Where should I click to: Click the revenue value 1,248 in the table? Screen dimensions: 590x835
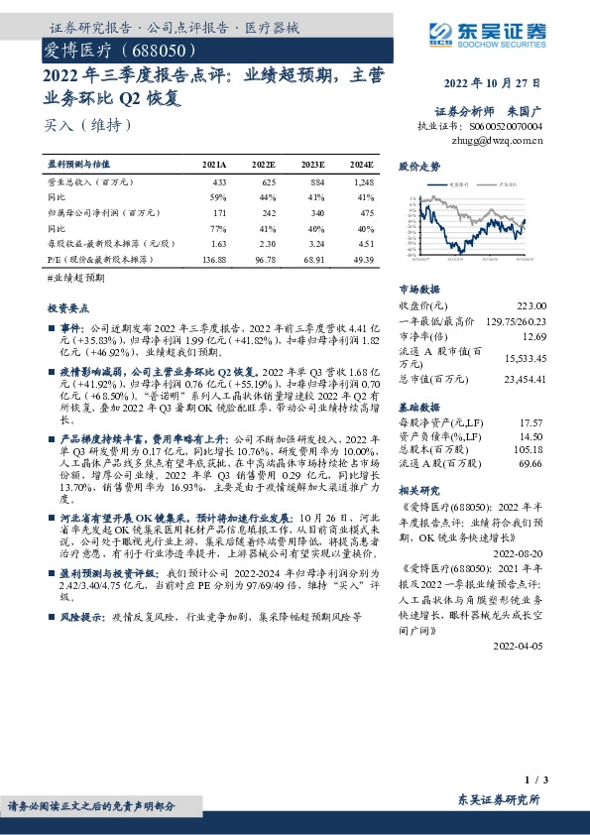[x=364, y=182]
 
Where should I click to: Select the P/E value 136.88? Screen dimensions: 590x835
[x=214, y=259]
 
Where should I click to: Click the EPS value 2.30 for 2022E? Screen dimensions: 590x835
[x=263, y=242]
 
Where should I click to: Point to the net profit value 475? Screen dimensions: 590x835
[x=367, y=212]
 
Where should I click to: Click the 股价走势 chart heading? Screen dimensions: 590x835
[x=418, y=168]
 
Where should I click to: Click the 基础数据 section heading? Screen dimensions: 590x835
[x=418, y=407]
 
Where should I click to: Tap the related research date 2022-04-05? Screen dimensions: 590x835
[x=522, y=645]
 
